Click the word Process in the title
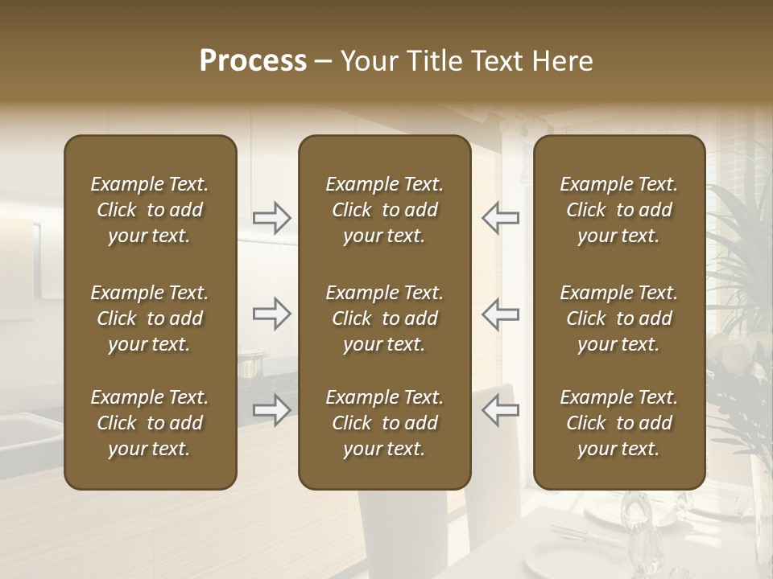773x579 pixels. click(253, 61)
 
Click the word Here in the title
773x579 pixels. click(562, 61)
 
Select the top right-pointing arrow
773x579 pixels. click(272, 217)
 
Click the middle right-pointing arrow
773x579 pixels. click(272, 313)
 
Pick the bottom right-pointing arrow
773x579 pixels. click(272, 409)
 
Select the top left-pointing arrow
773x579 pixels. click(500, 217)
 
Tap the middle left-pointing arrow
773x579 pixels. click(500, 313)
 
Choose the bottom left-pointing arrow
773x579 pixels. click(500, 409)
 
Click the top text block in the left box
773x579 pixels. click(150, 210)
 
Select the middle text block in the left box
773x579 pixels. click(150, 318)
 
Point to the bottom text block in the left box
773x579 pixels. click(150, 423)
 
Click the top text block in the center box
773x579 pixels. click(384, 210)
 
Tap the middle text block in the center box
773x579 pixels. click(384, 318)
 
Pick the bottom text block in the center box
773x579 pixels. click(384, 423)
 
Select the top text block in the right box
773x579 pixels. click(618, 210)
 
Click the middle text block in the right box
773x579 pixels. click(618, 318)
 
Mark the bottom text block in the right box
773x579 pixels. click(618, 423)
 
